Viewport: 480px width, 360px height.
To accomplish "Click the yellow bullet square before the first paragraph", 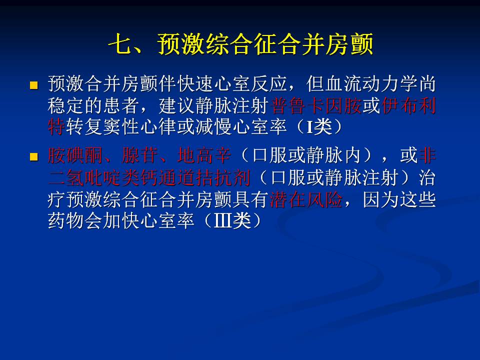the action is click(33, 85).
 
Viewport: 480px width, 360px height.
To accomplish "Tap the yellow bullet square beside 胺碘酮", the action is click(33, 157).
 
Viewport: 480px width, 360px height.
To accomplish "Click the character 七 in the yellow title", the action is click(119, 44).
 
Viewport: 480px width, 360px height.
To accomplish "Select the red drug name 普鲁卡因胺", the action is click(315, 106).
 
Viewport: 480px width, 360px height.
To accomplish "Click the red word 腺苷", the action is click(140, 155).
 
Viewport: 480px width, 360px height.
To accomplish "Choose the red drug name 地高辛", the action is click(204, 155).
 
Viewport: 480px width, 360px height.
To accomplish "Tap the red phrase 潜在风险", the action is click(306, 200).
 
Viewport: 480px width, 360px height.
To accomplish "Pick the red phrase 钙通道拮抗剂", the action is click(195, 177).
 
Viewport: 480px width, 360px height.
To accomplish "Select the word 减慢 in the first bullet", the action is click(214, 127).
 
